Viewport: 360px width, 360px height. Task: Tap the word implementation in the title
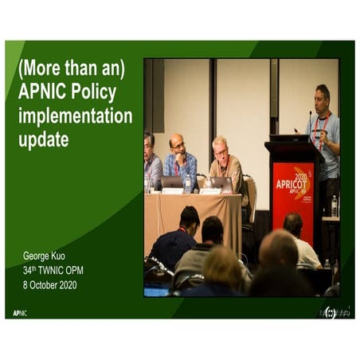[75, 116]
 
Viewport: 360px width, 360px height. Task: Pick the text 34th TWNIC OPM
[53, 270]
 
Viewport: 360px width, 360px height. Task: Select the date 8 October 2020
[50, 284]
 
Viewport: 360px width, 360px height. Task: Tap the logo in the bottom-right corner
[334, 311]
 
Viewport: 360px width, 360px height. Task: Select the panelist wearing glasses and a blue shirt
[181, 159]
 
